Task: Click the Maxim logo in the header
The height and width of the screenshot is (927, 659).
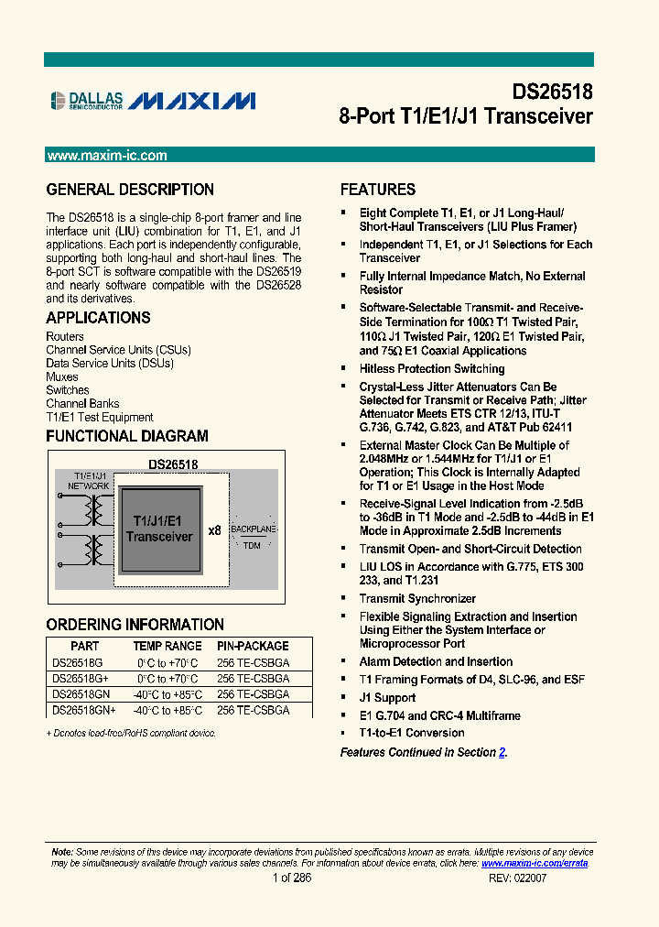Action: pos(191,101)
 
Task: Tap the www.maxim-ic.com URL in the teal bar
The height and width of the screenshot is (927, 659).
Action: pos(107,156)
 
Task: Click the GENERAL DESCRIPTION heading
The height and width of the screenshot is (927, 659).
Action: pos(130,190)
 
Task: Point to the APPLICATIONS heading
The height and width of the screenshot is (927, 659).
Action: pos(98,318)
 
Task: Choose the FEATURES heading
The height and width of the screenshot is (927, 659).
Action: pos(378,190)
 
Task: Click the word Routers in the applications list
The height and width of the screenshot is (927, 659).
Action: pos(65,336)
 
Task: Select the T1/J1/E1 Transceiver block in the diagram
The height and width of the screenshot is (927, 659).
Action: pos(159,529)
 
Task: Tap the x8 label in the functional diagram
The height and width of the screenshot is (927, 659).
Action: pos(214,530)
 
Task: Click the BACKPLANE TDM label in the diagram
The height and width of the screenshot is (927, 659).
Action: pos(251,538)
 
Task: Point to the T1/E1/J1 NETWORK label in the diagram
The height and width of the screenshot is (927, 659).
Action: pos(88,481)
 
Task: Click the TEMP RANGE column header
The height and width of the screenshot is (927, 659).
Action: pos(167,646)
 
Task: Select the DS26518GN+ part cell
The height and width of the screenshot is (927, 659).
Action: pos(84,710)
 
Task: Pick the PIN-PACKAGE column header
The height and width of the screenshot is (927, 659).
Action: pos(253,646)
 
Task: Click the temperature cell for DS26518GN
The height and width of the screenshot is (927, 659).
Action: pos(167,694)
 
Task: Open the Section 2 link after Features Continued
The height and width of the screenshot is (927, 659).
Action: pos(502,752)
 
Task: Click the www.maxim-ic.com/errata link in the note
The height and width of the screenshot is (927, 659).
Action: pos(535,863)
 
